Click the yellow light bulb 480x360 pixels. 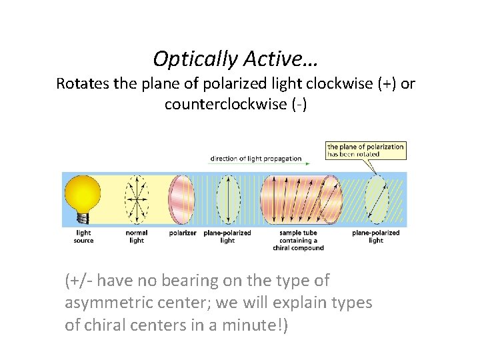pyautogui.click(x=83, y=193)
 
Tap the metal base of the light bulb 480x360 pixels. pyautogui.click(x=83, y=217)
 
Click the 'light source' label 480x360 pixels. pyautogui.click(x=83, y=237)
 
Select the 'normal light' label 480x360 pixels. pyautogui.click(x=137, y=237)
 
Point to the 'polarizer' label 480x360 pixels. pyautogui.click(x=182, y=233)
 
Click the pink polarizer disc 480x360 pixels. pyautogui.click(x=181, y=199)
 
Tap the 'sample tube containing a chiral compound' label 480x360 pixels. pyautogui.click(x=299, y=240)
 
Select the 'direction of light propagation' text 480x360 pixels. pyautogui.click(x=255, y=159)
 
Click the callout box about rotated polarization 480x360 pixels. pyautogui.click(x=365, y=150)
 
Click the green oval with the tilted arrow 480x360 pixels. pyautogui.click(x=377, y=199)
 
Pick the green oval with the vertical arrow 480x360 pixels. pyautogui.click(x=228, y=199)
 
